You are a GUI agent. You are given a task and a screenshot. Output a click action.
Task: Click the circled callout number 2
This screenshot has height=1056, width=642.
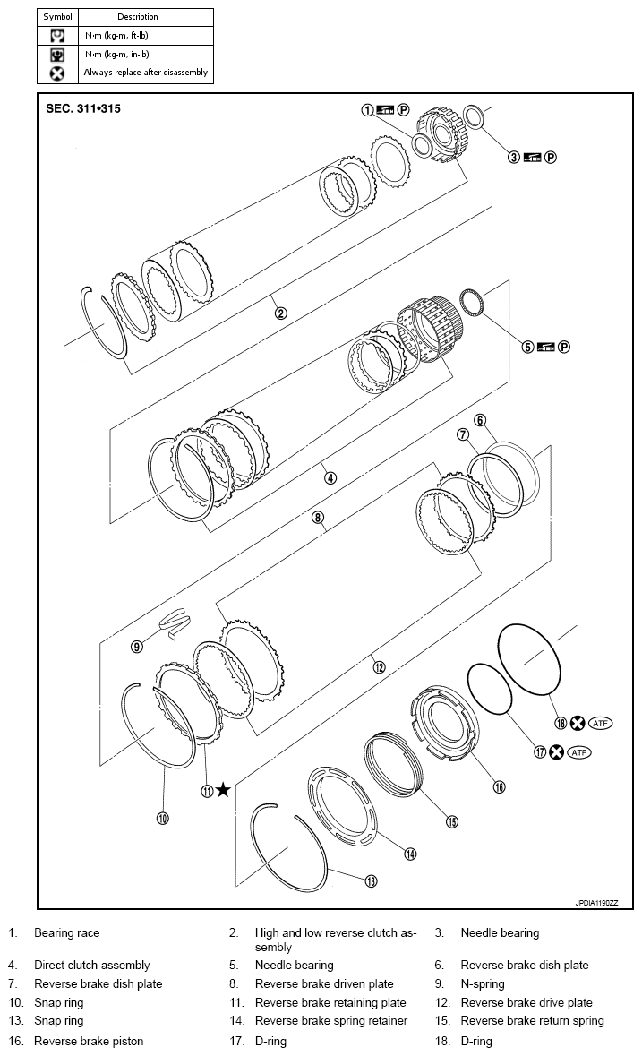[280, 313]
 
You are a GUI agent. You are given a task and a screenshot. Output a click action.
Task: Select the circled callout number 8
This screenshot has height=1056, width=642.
[317, 517]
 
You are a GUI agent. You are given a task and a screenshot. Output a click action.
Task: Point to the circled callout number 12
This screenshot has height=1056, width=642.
[379, 666]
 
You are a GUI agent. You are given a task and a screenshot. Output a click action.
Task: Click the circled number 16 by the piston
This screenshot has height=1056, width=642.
[500, 786]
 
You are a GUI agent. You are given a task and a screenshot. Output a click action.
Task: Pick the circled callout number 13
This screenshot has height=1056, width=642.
[371, 881]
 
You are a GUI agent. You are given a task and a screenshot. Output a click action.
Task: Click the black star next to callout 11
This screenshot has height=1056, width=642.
[223, 789]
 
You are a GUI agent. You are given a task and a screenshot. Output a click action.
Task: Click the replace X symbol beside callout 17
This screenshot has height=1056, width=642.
[556, 752]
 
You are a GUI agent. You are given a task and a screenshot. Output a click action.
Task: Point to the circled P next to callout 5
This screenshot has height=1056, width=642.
[565, 348]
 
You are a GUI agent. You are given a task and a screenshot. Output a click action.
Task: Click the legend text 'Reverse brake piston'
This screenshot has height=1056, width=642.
[89, 1041]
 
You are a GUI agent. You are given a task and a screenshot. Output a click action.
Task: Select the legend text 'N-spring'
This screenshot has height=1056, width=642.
[483, 983]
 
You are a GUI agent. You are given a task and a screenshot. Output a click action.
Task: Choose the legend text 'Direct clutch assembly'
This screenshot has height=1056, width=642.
[92, 965]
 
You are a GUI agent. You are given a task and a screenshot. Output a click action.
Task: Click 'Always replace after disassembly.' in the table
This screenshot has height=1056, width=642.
[148, 73]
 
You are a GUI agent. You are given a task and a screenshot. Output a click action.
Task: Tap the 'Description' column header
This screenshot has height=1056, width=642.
[138, 17]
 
